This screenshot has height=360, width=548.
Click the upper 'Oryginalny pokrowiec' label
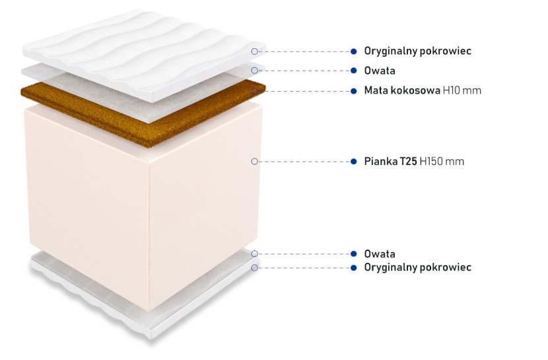tap(418, 51)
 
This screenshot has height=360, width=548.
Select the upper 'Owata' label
tap(380, 71)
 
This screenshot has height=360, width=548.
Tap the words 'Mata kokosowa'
tap(402, 90)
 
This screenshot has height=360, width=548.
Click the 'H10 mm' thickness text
tap(462, 90)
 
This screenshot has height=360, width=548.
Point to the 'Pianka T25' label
tap(390, 161)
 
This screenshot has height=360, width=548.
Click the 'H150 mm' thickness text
tap(442, 161)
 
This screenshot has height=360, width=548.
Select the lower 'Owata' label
tap(380, 254)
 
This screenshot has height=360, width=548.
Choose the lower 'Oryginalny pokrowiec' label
tap(418, 268)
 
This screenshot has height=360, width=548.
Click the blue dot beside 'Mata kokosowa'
tap(354, 91)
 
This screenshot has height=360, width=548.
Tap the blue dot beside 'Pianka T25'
tap(354, 161)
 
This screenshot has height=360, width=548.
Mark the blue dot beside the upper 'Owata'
tap(354, 71)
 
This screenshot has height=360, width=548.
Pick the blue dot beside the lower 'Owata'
tap(354, 254)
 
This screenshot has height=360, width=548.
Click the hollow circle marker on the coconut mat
tap(254, 91)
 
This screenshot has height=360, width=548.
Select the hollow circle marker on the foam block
tap(254, 161)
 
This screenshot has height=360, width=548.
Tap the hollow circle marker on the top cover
tap(254, 52)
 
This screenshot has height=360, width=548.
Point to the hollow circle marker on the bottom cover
tap(254, 268)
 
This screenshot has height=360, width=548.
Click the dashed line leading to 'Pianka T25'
tap(304, 161)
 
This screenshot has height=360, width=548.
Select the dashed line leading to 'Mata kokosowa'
tap(304, 91)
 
